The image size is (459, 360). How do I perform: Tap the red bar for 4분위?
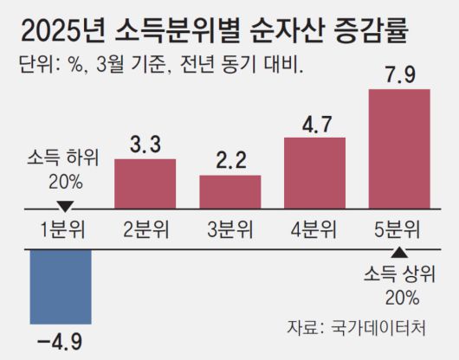click(314, 172)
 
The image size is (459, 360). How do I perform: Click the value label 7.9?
click(399, 73)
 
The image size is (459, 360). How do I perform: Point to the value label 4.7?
click(314, 124)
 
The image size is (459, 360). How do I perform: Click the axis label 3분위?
click(229, 230)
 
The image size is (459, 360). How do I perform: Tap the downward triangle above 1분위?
click(62, 207)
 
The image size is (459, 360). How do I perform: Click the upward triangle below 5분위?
click(398, 254)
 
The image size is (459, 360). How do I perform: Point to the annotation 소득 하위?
click(63, 158)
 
